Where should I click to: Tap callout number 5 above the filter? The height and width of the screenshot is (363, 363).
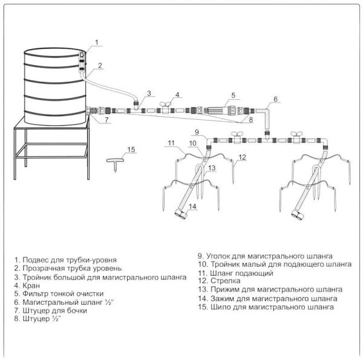pyautogui.click(x=232, y=95)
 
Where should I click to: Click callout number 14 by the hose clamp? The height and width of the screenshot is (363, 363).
pyautogui.click(x=192, y=207)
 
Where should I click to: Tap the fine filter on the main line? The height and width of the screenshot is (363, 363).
pyautogui.click(x=218, y=112)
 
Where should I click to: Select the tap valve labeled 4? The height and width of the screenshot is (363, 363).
pyautogui.click(x=165, y=108)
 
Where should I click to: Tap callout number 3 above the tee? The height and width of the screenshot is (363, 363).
pyautogui.click(x=148, y=93)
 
